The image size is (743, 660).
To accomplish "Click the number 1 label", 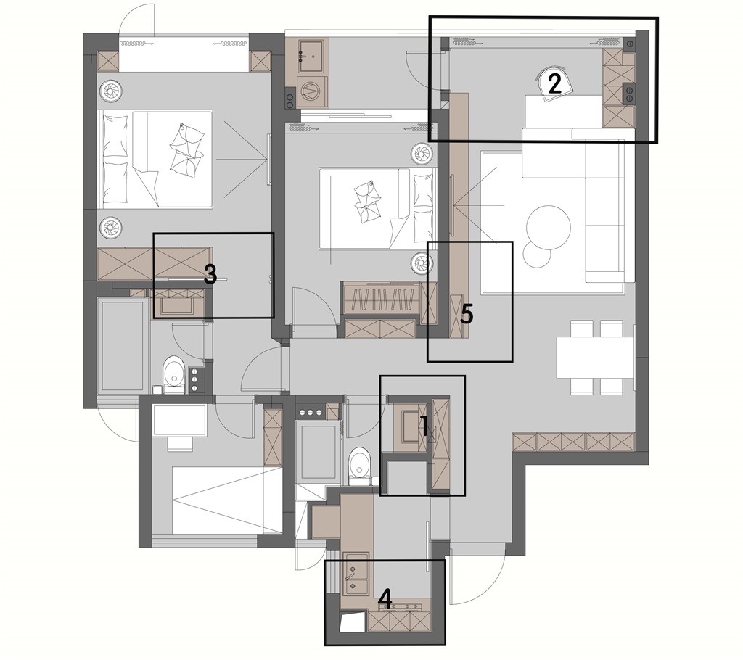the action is click(x=424, y=423).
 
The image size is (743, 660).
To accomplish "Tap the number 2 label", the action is click(x=554, y=83).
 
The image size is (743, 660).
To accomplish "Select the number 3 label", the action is click(x=210, y=274).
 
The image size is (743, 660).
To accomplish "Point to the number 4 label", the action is click(x=386, y=598).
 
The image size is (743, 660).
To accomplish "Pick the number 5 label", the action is click(x=467, y=315).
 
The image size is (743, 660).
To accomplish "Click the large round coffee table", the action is click(x=549, y=227).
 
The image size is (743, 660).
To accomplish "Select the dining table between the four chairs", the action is click(x=595, y=357).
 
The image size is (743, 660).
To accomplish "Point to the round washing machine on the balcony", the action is click(x=311, y=91).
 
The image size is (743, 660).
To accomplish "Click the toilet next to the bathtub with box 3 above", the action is click(x=173, y=374).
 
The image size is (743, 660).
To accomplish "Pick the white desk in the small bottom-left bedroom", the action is click(x=180, y=421).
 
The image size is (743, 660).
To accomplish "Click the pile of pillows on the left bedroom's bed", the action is click(x=186, y=151).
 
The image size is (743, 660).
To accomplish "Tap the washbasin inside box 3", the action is click(x=177, y=304).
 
